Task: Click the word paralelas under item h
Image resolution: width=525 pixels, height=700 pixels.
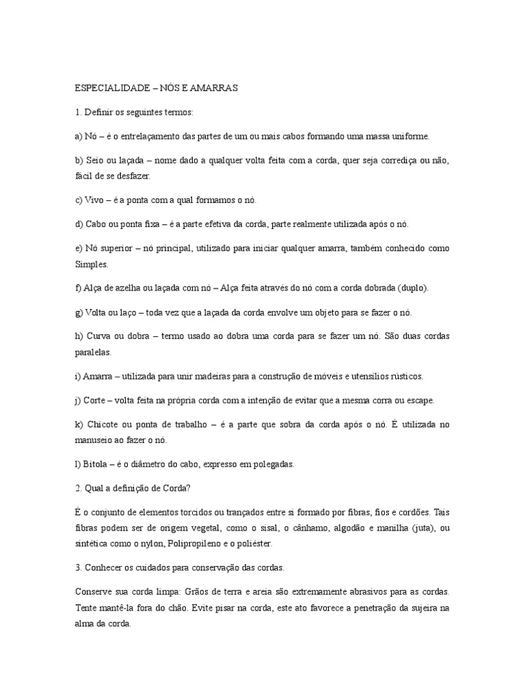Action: [x=92, y=352]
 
